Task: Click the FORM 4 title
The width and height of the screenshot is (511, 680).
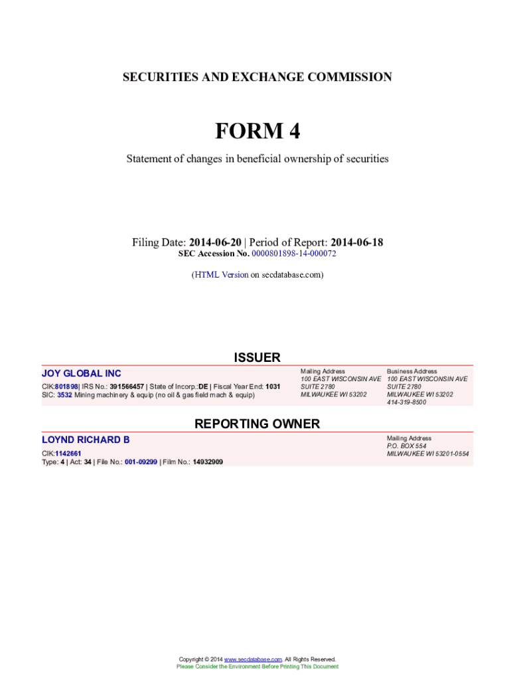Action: click(x=257, y=131)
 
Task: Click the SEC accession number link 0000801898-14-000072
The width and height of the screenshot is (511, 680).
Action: click(x=290, y=254)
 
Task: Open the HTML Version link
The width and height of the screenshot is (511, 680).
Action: click(x=221, y=274)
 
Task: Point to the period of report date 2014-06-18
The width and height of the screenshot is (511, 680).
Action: click(x=356, y=242)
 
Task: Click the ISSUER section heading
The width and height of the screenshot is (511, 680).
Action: click(x=257, y=358)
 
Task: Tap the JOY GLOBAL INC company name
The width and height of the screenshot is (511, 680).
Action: click(x=82, y=374)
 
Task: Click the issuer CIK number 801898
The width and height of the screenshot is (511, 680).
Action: click(x=66, y=386)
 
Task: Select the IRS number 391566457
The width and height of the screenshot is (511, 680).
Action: click(x=127, y=386)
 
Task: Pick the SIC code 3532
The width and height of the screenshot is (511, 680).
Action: click(x=64, y=394)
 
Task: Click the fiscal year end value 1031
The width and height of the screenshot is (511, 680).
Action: click(x=273, y=386)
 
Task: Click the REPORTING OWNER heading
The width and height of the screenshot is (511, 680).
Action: click(x=257, y=424)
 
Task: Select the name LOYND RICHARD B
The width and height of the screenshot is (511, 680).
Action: click(x=86, y=440)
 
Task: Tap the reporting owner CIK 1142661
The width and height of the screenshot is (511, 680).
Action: click(x=68, y=454)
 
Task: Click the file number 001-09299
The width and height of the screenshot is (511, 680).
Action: click(x=141, y=462)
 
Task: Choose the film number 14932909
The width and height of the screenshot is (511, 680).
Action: click(x=208, y=462)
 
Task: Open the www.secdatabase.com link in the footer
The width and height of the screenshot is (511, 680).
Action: click(x=253, y=659)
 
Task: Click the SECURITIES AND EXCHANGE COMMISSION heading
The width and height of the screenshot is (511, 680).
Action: click(x=257, y=78)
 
